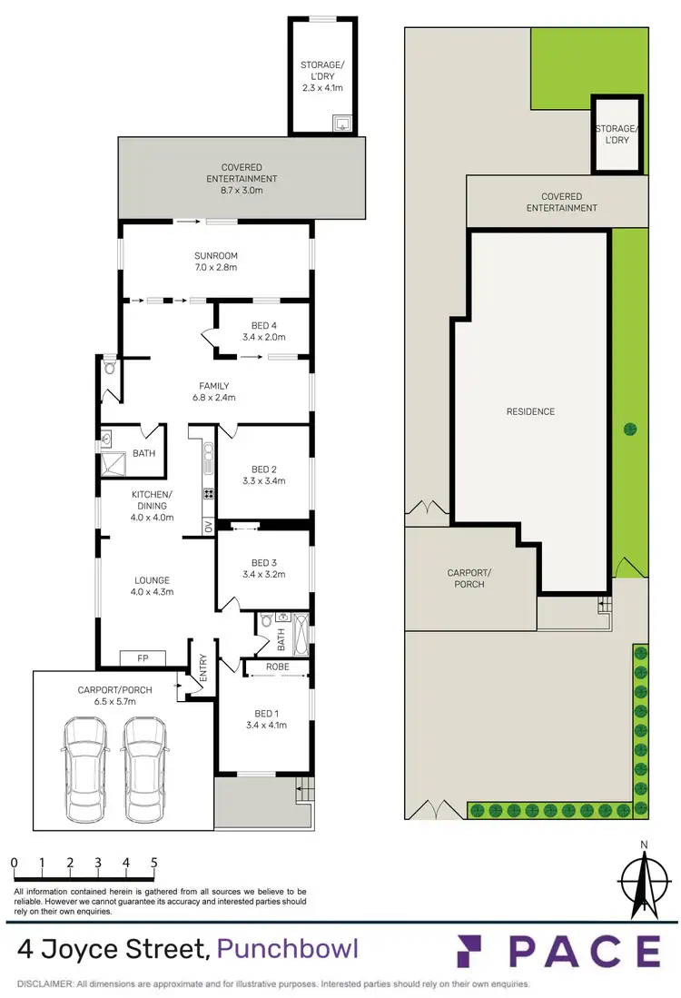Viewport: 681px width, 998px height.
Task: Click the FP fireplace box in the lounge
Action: click(143, 657)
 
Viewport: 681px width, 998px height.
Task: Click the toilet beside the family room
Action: click(109, 367)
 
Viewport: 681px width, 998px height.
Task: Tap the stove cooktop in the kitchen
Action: click(208, 494)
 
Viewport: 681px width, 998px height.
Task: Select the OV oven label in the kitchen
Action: click(208, 527)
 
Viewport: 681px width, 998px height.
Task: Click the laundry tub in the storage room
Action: click(341, 123)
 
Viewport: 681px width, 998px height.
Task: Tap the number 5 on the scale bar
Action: click(154, 862)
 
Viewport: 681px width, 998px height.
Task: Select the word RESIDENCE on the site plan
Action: click(530, 411)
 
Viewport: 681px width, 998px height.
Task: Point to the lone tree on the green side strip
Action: click(630, 429)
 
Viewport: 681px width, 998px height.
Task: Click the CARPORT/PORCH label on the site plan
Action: click(466, 578)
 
